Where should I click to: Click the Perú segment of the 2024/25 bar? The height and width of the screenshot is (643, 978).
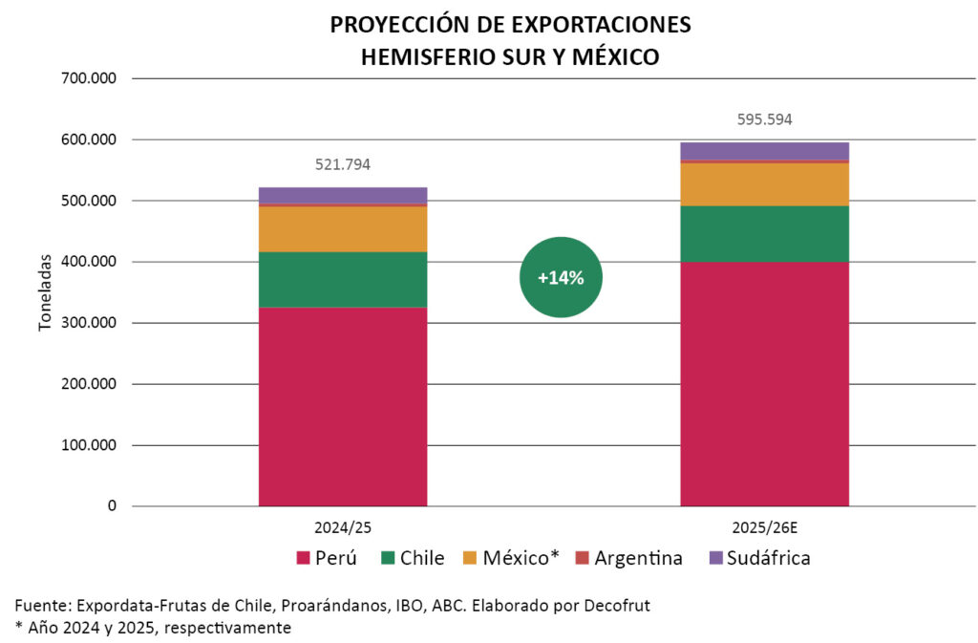[342, 406]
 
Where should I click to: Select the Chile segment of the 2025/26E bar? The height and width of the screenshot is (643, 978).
[764, 233]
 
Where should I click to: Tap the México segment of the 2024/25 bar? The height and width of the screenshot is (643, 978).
[342, 229]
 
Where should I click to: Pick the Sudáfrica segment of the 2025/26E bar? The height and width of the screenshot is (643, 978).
[764, 150]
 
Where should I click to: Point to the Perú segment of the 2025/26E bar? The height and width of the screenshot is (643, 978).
[764, 383]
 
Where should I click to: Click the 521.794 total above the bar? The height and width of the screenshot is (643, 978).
[342, 164]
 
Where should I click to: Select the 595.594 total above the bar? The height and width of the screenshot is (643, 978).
[764, 119]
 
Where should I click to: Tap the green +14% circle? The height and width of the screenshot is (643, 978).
[561, 277]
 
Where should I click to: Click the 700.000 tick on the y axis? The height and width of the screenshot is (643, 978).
[87, 78]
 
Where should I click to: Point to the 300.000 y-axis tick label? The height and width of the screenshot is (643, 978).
[87, 323]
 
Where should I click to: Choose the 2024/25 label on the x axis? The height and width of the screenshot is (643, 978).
[342, 526]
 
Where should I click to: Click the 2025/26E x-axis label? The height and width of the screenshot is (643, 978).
[764, 526]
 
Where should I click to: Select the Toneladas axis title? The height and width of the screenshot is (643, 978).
[45, 292]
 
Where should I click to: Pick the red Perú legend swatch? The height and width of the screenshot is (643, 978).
[304, 558]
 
